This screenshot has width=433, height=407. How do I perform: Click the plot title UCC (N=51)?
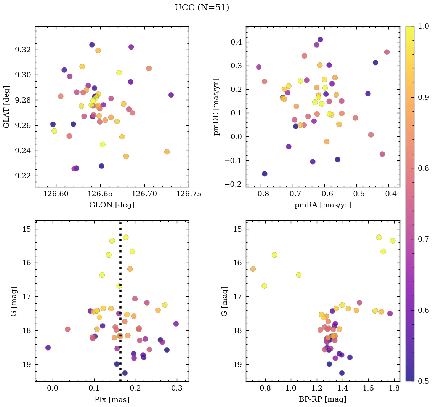(202, 8)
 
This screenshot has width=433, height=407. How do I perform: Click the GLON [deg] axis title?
(112, 205)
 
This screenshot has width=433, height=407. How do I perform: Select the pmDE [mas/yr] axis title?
(217, 107)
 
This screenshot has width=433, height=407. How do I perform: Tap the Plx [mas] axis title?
(112, 399)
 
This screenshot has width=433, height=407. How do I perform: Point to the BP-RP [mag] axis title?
(322, 399)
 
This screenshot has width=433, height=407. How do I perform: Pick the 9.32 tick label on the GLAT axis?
(23, 50)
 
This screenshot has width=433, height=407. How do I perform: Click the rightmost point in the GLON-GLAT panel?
(171, 95)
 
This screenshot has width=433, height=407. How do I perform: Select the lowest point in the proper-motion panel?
(265, 174)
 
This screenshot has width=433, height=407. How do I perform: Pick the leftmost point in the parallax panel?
(48, 348)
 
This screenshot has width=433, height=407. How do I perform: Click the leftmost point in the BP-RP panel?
(253, 269)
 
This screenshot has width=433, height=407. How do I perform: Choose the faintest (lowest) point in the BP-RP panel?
(342, 373)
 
